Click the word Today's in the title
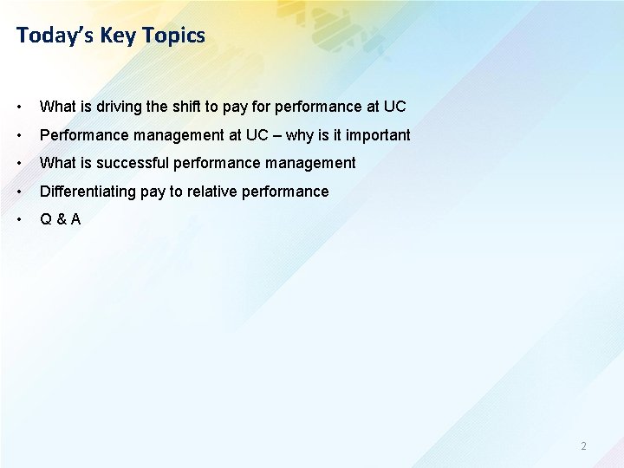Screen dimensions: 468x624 click(55, 36)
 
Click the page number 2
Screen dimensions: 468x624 click(583, 446)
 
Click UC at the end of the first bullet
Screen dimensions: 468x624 click(394, 107)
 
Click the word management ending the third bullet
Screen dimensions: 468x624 click(313, 163)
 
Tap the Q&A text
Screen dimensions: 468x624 click(61, 218)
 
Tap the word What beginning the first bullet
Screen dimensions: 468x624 click(57, 107)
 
